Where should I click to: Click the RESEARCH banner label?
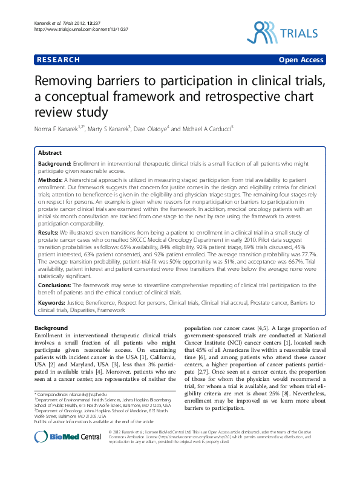pos(58,60)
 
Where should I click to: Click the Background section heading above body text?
pos(52,327)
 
